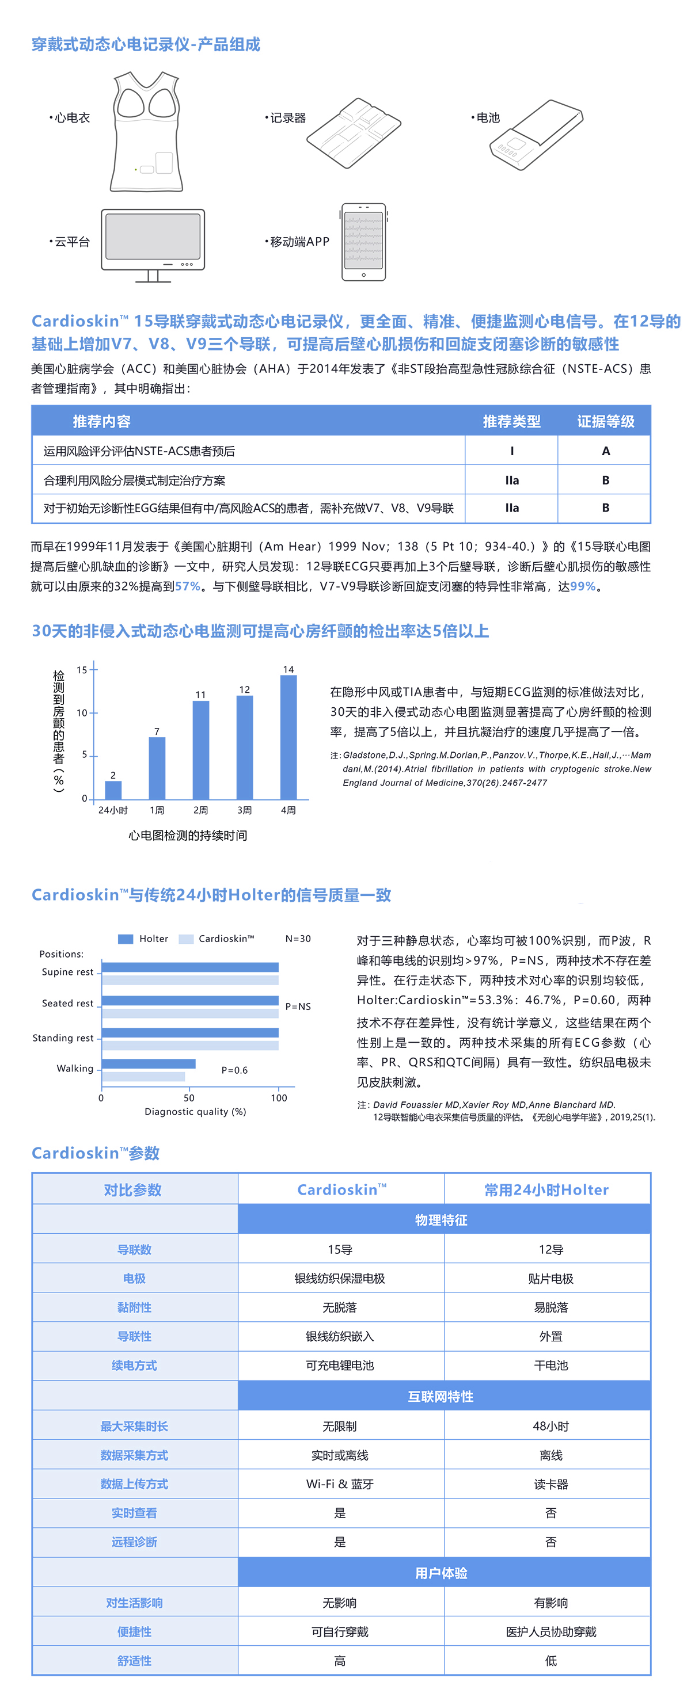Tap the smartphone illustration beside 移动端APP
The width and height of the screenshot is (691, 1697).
(363, 242)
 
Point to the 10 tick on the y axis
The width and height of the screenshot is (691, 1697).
(82, 713)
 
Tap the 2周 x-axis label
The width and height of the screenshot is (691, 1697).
(200, 810)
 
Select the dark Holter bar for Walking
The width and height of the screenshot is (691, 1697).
(149, 1063)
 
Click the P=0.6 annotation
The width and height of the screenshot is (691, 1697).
(235, 1070)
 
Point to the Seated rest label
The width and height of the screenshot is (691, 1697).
(68, 1004)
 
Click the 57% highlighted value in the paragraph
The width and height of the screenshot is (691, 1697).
(187, 586)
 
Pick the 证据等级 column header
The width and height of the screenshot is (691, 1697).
(605, 422)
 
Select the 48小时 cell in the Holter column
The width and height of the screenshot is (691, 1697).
(550, 1426)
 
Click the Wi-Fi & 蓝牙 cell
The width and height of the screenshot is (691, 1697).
(340, 1484)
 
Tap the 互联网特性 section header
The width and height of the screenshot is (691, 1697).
(441, 1397)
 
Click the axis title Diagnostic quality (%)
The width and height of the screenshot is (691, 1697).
(195, 1111)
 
